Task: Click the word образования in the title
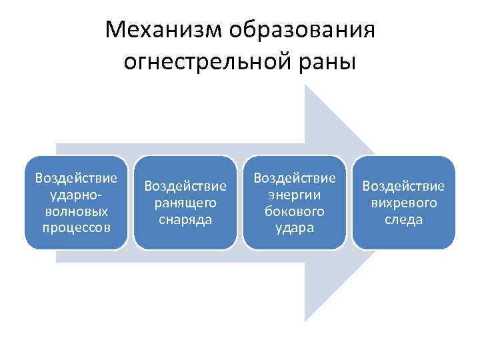(302, 30)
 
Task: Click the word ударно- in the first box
(76, 195)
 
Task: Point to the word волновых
(76, 211)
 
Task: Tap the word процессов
(76, 227)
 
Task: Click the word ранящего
(185, 203)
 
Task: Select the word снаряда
(185, 219)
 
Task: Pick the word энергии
(295, 195)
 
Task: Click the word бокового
(295, 211)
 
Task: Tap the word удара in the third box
(295, 227)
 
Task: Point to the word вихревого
(403, 203)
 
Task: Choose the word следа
(403, 219)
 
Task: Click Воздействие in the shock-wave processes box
(76, 178)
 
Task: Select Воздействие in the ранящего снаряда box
(185, 186)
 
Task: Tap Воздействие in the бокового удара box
(295, 178)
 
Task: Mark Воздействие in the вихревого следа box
(403, 186)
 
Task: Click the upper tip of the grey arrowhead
(306, 87)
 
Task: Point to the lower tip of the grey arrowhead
(306, 320)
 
